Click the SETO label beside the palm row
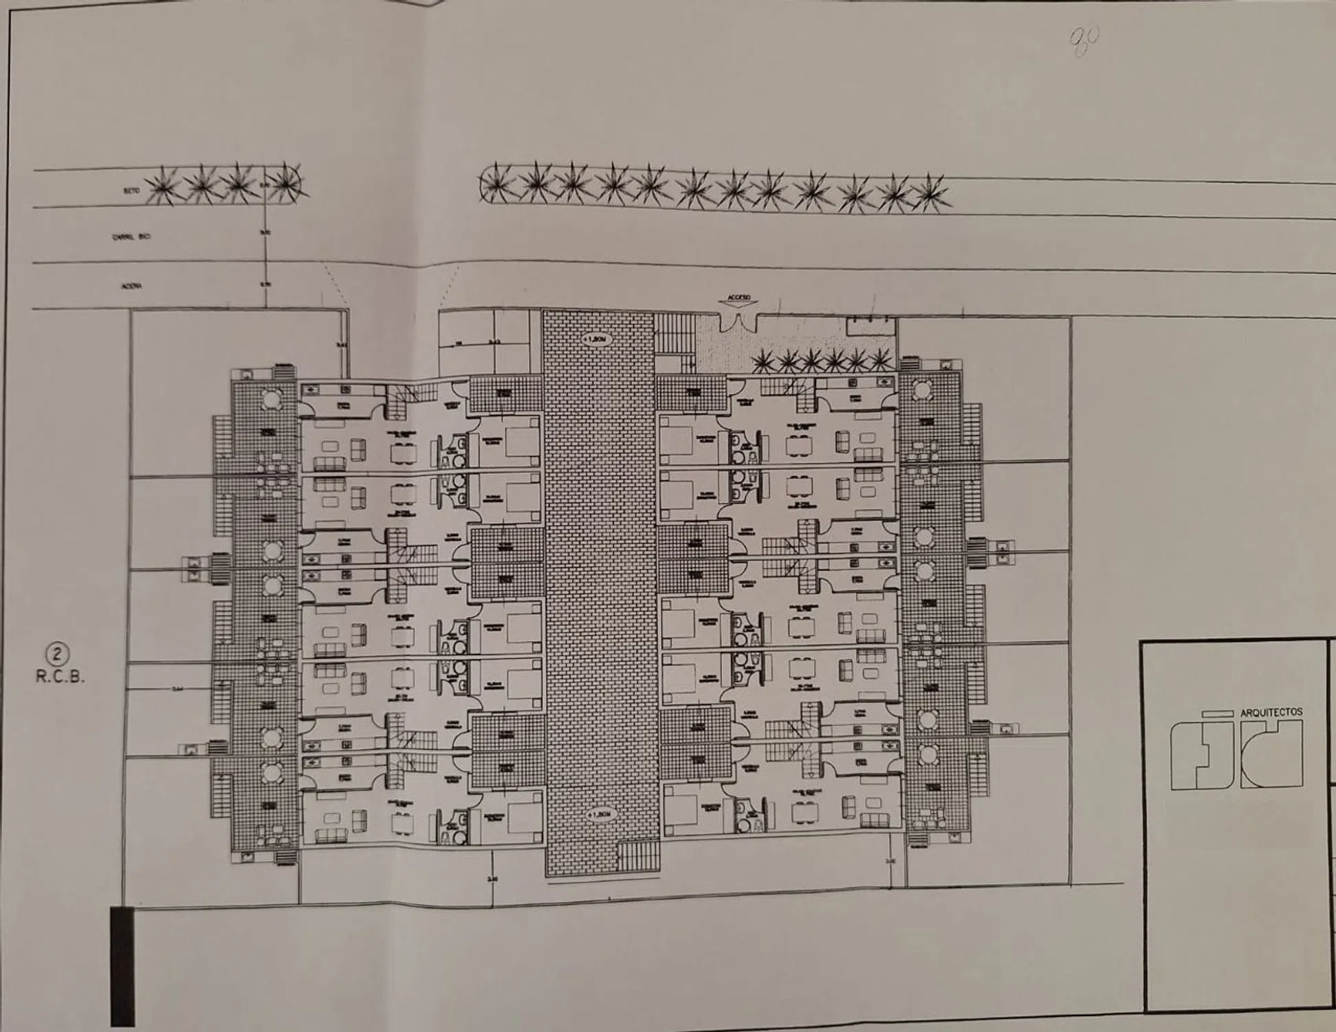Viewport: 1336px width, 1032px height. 133,191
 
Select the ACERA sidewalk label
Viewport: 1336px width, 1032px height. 131,287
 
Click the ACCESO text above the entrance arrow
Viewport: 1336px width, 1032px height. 739,298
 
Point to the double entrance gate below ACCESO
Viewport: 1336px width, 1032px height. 738,320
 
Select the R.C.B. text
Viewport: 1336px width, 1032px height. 61,676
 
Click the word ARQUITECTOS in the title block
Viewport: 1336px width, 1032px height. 1271,713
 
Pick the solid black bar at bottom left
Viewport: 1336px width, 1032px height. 122,966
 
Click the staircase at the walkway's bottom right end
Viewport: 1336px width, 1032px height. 637,856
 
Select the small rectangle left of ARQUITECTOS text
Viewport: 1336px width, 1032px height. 1218,714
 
